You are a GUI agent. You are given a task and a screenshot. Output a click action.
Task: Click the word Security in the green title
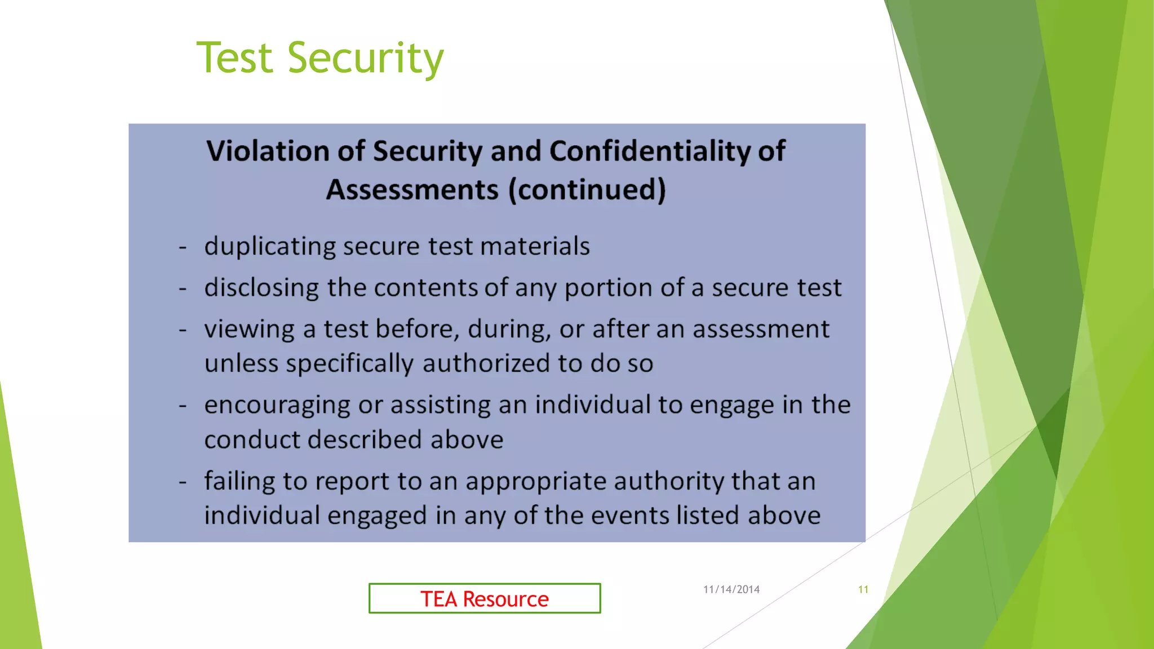[365, 58]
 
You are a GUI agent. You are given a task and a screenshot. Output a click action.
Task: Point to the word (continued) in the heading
[587, 189]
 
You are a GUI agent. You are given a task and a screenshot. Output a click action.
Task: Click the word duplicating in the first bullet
[269, 247]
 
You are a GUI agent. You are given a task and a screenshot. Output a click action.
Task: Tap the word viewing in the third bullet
[249, 330]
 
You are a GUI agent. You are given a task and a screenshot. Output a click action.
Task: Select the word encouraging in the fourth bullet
[277, 406]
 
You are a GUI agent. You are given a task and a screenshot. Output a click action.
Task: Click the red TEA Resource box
[485, 598]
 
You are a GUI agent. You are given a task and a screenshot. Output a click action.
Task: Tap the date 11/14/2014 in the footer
[731, 589]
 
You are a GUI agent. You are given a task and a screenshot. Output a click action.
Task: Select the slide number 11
[863, 589]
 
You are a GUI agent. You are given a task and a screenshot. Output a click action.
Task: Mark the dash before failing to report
[183, 482]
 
